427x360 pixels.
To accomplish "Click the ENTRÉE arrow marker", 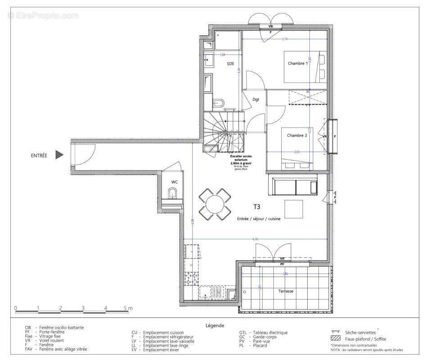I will tap(59, 155).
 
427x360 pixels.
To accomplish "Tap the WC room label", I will tap(174, 182).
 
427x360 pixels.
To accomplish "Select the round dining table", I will tap(215, 204).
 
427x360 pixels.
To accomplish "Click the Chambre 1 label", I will tap(298, 63).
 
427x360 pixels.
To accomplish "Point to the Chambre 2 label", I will tap(297, 135).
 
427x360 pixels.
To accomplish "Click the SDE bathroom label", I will tap(230, 64).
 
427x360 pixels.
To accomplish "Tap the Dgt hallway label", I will tap(255, 99).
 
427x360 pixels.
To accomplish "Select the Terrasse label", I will tap(286, 291).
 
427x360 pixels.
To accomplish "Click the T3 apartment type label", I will tap(256, 207).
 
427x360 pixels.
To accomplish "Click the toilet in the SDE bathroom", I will tap(218, 103).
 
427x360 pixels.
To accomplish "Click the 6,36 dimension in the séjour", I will tap(255, 238).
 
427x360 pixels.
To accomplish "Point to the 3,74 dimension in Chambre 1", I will tap(285, 40).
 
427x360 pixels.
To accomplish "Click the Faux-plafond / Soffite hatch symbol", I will tap(335, 338).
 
